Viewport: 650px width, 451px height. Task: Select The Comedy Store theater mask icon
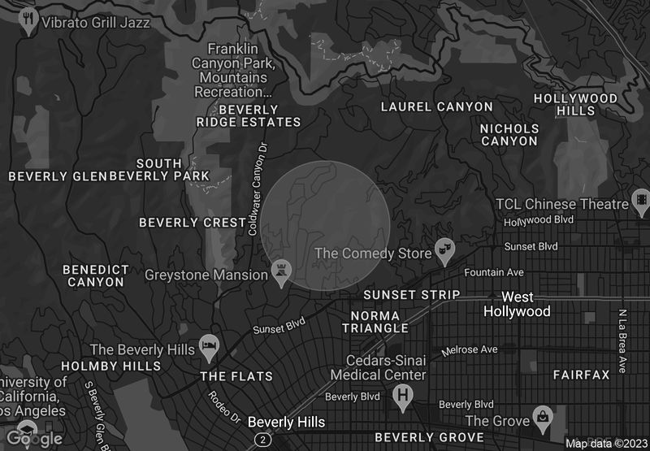coord(444,249)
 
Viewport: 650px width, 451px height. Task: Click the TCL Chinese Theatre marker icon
coord(642,200)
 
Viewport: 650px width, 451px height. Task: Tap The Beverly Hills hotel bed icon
coord(210,345)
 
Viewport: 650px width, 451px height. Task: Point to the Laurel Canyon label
coord(436,106)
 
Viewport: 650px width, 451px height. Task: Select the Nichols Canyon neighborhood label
coord(509,135)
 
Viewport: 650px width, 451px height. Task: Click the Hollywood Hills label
coord(575,105)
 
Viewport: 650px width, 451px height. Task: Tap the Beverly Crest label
coord(193,223)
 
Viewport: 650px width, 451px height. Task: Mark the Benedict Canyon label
coord(96,275)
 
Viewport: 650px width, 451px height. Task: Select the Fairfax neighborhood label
coord(581,375)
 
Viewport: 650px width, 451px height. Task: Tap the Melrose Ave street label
coord(469,350)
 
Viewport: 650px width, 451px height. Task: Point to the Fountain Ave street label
coord(493,272)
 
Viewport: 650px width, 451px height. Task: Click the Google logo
coord(32,439)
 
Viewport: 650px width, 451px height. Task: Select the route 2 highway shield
coord(262,440)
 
